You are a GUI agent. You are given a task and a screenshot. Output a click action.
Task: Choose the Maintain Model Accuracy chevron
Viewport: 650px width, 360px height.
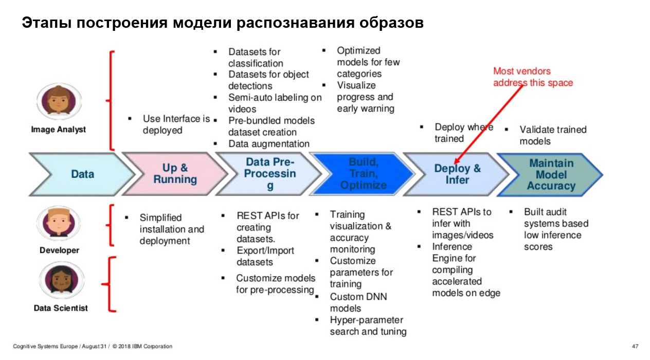tap(551, 174)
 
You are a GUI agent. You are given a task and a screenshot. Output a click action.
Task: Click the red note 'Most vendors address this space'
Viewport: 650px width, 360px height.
tap(533, 77)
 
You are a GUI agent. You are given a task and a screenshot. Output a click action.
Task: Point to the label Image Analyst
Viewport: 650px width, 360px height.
tap(59, 130)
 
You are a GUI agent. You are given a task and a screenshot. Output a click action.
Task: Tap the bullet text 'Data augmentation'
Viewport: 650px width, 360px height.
tap(268, 144)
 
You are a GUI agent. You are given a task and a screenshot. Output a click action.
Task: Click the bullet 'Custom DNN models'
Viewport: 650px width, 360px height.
tap(358, 302)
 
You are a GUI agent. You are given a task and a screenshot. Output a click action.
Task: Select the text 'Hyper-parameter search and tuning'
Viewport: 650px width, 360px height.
tap(368, 326)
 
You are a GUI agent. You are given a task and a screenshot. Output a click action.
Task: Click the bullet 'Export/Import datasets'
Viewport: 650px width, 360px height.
tap(265, 256)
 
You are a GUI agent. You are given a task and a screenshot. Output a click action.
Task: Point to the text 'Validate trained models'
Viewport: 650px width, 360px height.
tap(553, 135)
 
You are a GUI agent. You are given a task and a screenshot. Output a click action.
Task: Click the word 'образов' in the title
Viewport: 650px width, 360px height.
tap(391, 23)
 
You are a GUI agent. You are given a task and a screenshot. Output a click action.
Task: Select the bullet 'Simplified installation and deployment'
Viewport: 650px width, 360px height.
tap(171, 229)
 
